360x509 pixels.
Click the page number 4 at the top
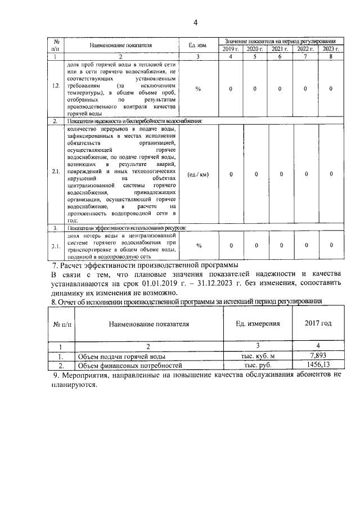tap(195, 22)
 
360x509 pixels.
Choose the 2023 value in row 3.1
tap(331, 245)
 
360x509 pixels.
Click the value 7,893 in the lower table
tap(318, 356)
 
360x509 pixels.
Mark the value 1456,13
tap(318, 364)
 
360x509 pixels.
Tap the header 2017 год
tap(318, 324)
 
